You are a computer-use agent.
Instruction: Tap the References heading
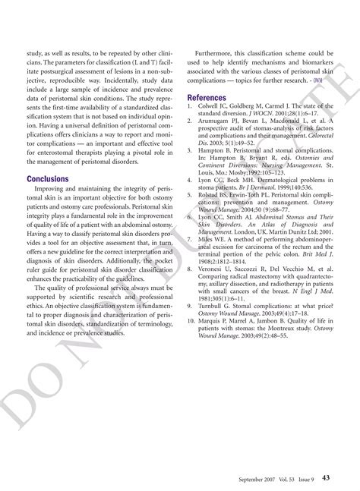[x=207, y=98]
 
